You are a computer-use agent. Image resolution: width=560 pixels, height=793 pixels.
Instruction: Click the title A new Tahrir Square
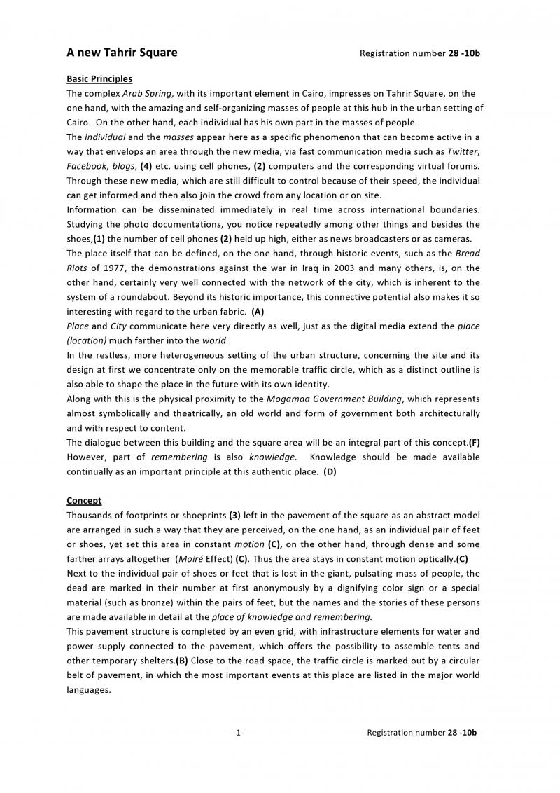[122, 53]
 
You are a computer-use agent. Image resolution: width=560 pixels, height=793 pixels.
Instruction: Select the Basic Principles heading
[99, 79]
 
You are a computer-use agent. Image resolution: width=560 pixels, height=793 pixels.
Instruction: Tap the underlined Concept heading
[84, 500]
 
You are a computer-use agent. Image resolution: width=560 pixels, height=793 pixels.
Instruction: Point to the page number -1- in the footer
[238, 733]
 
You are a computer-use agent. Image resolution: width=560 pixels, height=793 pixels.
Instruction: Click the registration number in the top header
[419, 53]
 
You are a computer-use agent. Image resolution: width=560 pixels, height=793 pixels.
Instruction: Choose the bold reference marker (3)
[234, 514]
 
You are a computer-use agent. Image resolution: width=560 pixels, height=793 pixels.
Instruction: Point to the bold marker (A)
[258, 311]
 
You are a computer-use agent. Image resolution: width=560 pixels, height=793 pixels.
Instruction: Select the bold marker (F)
[474, 442]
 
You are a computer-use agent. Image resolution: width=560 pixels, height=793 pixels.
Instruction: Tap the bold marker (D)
[330, 471]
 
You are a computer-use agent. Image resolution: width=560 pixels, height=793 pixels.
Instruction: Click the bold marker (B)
[181, 661]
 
